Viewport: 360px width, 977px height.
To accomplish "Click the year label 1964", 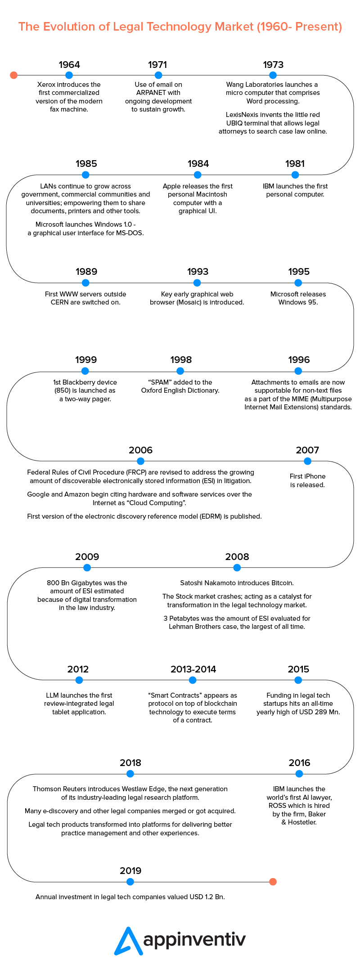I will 69,65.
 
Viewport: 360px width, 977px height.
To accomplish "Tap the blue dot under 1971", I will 158,75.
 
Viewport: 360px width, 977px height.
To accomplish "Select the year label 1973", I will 273,65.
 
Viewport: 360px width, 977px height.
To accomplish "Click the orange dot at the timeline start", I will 13,75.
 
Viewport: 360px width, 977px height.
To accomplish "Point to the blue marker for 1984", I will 198,175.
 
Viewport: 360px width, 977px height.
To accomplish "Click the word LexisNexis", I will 241,115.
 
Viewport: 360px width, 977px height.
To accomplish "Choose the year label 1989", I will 86,272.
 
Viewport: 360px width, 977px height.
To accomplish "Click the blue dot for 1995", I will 298,282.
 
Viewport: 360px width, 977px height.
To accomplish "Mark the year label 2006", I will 140,450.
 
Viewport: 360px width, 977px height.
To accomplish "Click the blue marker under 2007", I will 307,461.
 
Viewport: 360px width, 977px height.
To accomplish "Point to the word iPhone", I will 315,476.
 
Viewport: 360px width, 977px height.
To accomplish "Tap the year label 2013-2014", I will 193,669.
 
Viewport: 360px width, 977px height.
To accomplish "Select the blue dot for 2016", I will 299,774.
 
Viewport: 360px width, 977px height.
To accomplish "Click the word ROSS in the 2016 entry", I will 278,806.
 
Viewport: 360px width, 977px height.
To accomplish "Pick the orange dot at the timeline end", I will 272,882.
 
